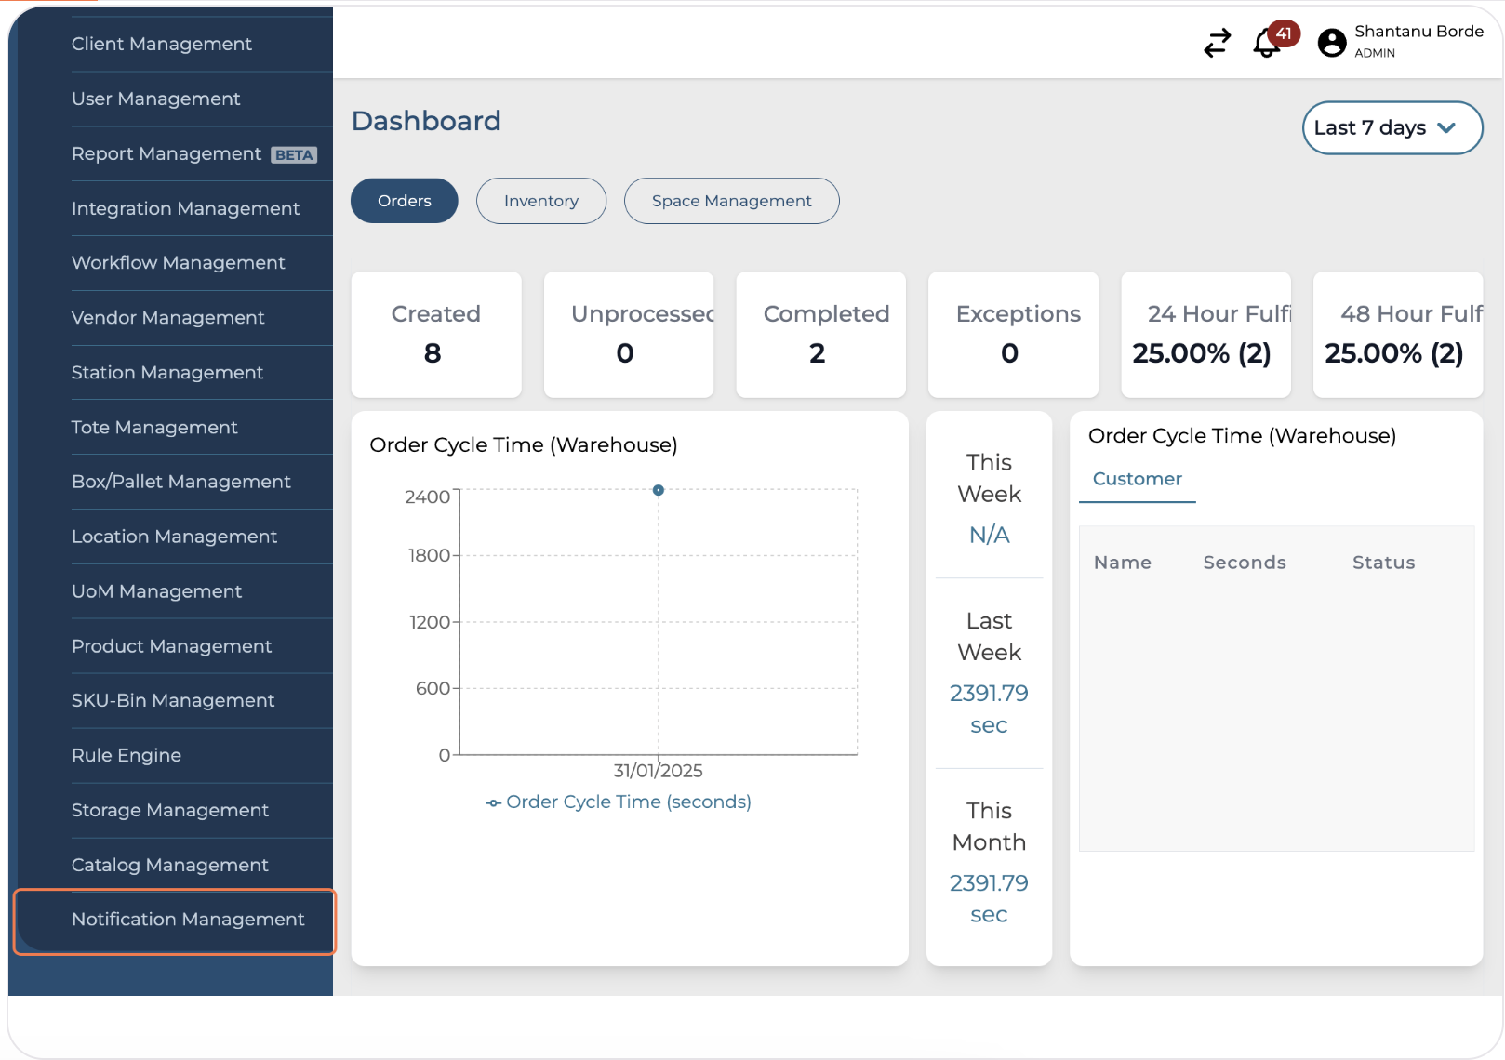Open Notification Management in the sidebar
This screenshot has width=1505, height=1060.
pyautogui.click(x=187, y=920)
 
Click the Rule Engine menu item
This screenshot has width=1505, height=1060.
pyautogui.click(x=127, y=755)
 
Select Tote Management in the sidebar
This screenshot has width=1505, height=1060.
pyautogui.click(x=154, y=428)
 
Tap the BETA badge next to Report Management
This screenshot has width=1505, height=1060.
pyautogui.click(x=294, y=155)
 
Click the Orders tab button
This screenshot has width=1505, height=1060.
pyautogui.click(x=404, y=201)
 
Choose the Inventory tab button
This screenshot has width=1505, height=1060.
pyautogui.click(x=540, y=201)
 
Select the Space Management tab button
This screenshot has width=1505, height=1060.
pyautogui.click(x=731, y=201)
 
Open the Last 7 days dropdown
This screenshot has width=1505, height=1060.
pyautogui.click(x=1392, y=128)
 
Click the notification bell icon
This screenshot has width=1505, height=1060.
pyautogui.click(x=1267, y=43)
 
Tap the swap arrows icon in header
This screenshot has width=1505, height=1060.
pyautogui.click(x=1217, y=43)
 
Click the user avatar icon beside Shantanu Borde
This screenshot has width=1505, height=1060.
pyautogui.click(x=1332, y=43)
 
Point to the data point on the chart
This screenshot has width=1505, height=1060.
pyautogui.click(x=659, y=490)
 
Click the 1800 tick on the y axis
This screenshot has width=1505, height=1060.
pyautogui.click(x=429, y=556)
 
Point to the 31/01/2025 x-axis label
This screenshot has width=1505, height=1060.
pyautogui.click(x=658, y=771)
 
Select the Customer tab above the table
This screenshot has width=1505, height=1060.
pyautogui.click(x=1137, y=479)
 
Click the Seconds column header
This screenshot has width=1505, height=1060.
pyautogui.click(x=1244, y=563)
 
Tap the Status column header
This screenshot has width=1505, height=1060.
pyautogui.click(x=1383, y=563)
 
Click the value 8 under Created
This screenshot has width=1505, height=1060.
pyautogui.click(x=433, y=353)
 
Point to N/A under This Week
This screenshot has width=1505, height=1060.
pyautogui.click(x=989, y=536)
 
